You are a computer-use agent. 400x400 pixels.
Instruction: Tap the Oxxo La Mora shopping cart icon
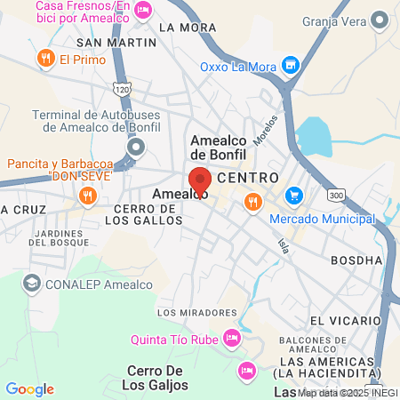pos(289,65)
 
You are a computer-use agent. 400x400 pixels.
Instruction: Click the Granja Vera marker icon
pos(380,19)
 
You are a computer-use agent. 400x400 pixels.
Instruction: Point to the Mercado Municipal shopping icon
pos(292,195)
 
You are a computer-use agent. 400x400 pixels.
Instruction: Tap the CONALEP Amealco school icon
pos(31,283)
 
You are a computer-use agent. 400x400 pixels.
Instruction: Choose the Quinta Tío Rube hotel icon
pos(232,338)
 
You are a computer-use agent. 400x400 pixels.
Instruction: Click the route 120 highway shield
pos(123,89)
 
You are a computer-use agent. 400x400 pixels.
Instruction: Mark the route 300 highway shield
pos(336,195)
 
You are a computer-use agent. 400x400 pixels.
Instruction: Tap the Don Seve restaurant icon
pos(87,195)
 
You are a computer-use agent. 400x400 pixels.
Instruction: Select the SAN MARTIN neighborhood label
pos(110,42)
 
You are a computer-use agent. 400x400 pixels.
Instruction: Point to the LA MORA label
pos(187,27)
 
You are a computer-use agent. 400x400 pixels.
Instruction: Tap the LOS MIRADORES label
pos(192,313)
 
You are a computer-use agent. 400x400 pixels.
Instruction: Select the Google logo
pos(29,389)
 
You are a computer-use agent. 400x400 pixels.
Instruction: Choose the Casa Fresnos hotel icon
pos(145,10)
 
